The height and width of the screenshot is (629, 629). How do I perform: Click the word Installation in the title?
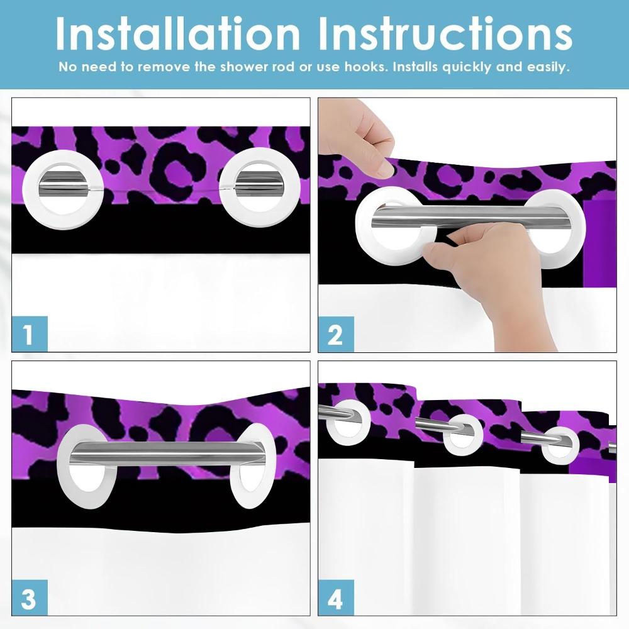pyautogui.click(x=177, y=33)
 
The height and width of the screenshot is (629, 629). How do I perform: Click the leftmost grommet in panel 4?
pyautogui.click(x=343, y=419)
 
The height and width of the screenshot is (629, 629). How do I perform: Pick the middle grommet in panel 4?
pyautogui.click(x=463, y=435)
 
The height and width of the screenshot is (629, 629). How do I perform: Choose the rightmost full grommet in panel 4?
pyautogui.click(x=560, y=443)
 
